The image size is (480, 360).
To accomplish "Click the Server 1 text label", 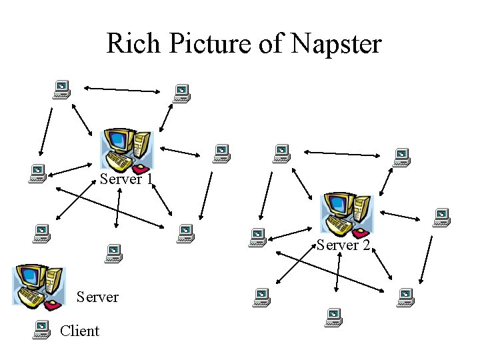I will click(x=127, y=179).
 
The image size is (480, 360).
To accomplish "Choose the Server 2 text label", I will click(x=343, y=245).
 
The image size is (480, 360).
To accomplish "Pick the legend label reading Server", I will click(x=97, y=297).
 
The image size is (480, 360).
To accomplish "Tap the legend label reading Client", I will click(x=79, y=331).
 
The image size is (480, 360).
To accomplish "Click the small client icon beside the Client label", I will click(x=42, y=329).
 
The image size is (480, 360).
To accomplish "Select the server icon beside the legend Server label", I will click(x=39, y=286).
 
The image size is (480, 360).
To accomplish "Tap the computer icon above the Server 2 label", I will click(x=346, y=214).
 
